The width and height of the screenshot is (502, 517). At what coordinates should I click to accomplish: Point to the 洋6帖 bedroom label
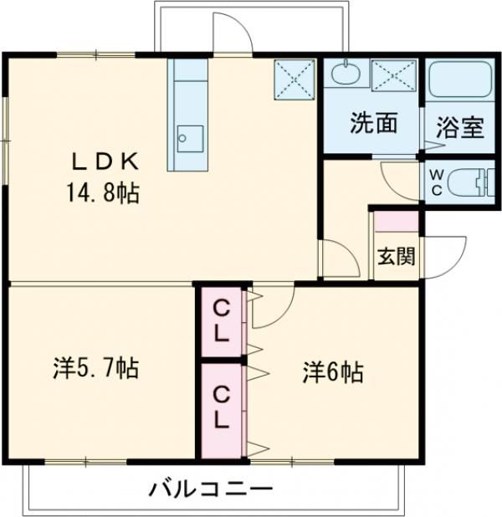click(333, 371)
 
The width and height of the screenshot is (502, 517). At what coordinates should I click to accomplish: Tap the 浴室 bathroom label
click(459, 129)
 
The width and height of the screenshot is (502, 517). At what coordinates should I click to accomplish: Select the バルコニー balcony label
click(212, 489)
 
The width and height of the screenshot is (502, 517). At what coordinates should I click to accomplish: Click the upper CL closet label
click(221, 320)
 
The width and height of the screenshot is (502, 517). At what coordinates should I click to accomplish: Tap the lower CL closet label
click(221, 407)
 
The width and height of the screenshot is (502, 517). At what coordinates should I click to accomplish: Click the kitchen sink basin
click(189, 136)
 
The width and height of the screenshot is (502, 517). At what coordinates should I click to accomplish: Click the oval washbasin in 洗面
click(343, 73)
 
